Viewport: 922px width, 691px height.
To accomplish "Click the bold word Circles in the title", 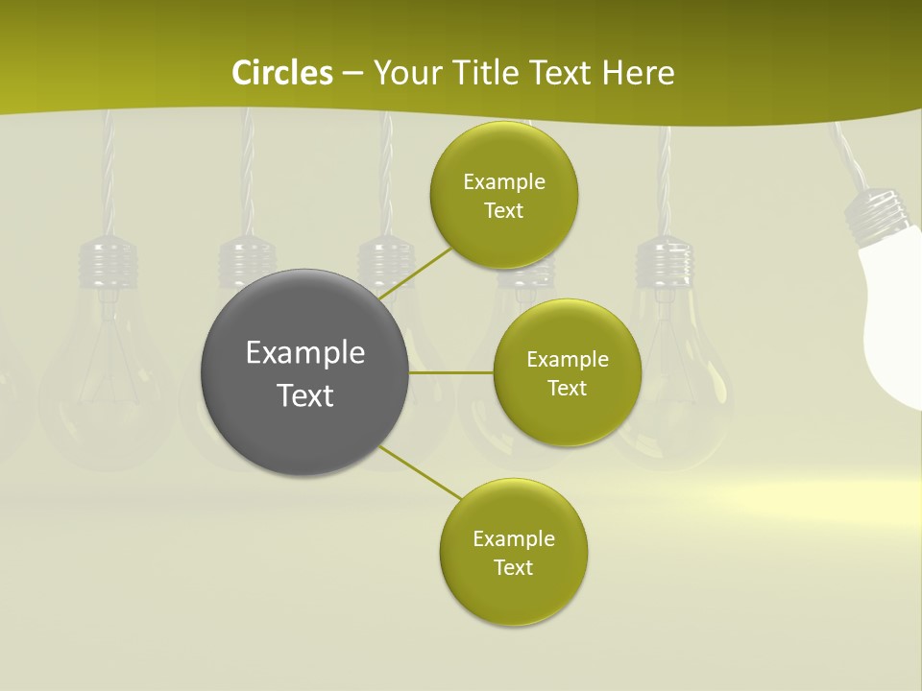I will pos(282,73).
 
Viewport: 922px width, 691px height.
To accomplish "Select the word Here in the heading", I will pos(638,73).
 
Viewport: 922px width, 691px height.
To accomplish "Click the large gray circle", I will pos(304,372).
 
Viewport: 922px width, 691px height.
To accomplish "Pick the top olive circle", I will pos(504,195).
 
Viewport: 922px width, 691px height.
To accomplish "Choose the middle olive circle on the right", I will pos(568,372).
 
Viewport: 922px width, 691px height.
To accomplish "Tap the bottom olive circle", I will pos(514,552).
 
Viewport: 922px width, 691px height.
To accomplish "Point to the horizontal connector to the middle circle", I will pos(451,372).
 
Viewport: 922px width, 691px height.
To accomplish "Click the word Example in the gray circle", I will pos(304,352).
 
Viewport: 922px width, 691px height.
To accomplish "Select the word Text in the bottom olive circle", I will pos(513,567).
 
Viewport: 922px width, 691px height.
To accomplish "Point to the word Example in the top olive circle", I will pos(504,181).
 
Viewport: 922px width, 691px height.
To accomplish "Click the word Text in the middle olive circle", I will pos(567,388).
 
